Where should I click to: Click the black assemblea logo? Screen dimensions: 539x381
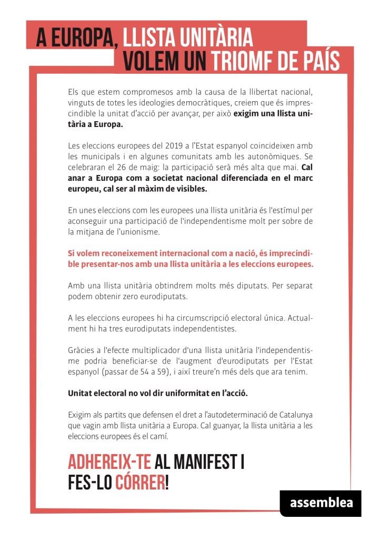320,503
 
